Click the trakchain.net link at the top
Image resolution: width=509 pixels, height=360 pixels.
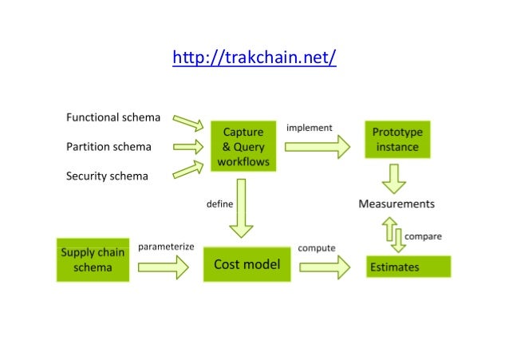254,58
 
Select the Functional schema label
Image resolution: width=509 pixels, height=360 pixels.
112,118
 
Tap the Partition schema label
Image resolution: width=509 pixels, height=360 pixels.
109,147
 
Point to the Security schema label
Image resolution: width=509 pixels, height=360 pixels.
107,176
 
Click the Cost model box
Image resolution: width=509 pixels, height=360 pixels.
247,264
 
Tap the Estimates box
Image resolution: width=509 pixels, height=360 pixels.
408,267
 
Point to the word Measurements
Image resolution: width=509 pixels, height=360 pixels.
396,204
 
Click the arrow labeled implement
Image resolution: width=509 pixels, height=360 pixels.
317,146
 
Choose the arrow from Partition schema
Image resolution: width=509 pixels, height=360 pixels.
188,147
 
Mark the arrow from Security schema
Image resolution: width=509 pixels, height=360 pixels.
188,168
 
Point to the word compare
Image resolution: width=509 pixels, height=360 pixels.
423,236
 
